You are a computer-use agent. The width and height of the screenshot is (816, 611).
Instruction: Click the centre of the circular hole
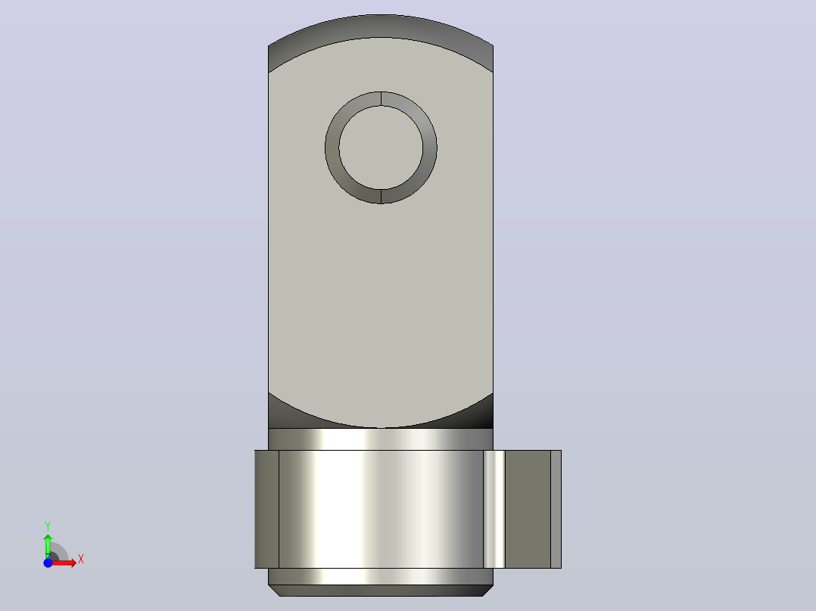coord(381,147)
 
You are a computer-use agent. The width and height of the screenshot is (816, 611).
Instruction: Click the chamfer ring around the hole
coord(332,147)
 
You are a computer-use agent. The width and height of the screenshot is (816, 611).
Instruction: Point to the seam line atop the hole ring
coord(382,99)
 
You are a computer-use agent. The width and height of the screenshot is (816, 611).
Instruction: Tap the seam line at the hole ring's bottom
coord(382,197)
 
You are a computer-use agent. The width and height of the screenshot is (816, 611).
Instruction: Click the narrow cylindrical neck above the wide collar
coord(381,439)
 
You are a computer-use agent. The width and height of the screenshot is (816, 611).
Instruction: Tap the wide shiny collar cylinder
coord(381,509)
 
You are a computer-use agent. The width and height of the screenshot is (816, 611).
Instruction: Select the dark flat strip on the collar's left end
coord(266,509)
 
